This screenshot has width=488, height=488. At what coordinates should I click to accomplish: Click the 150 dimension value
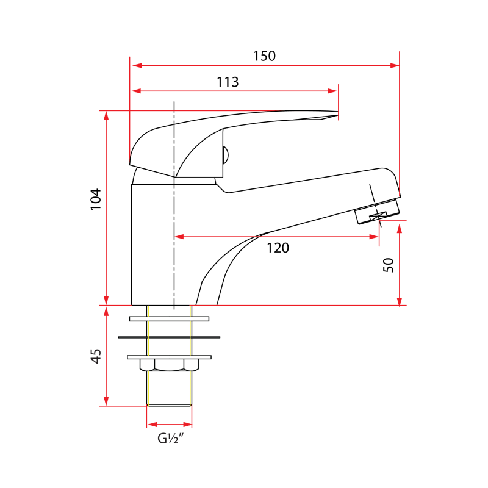click(264, 56)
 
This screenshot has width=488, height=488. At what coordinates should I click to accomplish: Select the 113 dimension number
click(227, 82)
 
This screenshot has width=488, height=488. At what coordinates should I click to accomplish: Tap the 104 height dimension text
click(96, 199)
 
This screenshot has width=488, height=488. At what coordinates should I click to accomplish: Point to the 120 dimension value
click(278, 247)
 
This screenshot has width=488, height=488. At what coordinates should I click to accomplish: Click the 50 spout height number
click(389, 264)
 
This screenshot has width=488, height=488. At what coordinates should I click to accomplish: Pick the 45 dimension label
click(96, 357)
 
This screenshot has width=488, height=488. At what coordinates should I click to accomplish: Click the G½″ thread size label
click(170, 439)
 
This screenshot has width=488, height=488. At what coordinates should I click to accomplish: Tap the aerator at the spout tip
click(377, 211)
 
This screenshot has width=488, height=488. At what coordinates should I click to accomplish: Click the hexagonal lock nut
click(170, 365)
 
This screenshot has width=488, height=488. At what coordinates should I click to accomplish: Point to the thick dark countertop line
click(169, 337)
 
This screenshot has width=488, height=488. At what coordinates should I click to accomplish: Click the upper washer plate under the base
click(169, 318)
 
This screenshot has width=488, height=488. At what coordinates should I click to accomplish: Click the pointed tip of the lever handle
click(337, 113)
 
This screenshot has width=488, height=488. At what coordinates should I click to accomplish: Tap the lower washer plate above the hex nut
click(169, 357)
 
